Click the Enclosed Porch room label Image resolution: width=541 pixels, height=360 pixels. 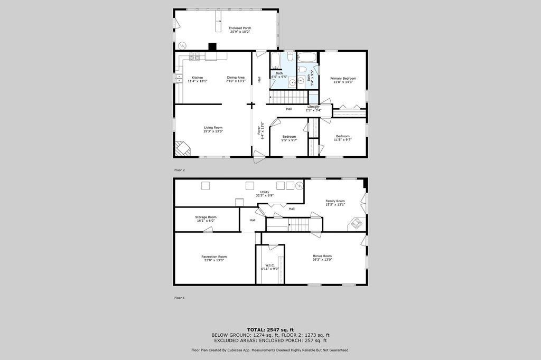pyautogui.click(x=240, y=30)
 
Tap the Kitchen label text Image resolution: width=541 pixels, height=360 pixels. pyautogui.click(x=197, y=78)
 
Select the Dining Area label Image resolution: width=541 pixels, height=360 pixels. pyautogui.click(x=236, y=78)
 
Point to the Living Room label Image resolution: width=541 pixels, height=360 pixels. pyautogui.click(x=213, y=129)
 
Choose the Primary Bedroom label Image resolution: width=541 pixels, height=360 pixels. pyautogui.click(x=344, y=80)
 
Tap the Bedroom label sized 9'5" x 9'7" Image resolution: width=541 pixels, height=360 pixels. pyautogui.click(x=288, y=138)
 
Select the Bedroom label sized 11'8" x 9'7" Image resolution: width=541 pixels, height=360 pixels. pyautogui.click(x=342, y=138)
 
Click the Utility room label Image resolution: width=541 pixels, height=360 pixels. pyautogui.click(x=265, y=193)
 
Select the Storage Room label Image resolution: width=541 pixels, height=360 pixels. pyautogui.click(x=206, y=219)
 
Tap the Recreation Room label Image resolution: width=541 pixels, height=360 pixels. pyautogui.click(x=214, y=258)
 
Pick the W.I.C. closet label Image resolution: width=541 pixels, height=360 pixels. pyautogui.click(x=269, y=267)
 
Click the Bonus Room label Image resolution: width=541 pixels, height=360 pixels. pyautogui.click(x=322, y=258)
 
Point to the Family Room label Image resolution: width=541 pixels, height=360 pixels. pyautogui.click(x=335, y=202)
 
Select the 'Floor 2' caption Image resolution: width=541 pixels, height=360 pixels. pyautogui.click(x=180, y=170)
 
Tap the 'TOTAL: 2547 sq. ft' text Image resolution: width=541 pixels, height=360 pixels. pyautogui.click(x=270, y=329)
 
